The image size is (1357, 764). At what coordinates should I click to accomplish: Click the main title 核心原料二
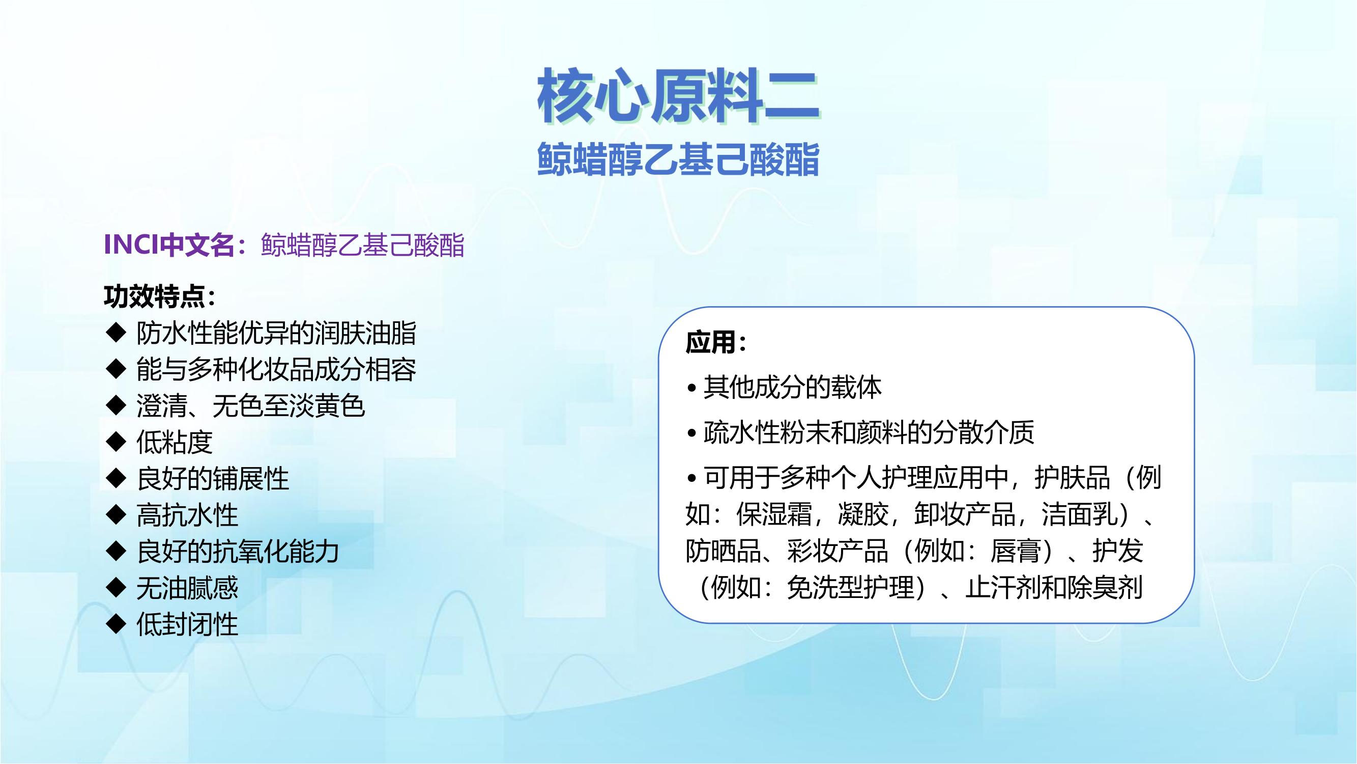point(679,97)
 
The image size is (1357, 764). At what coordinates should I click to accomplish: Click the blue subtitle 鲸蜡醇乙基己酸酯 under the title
point(679,159)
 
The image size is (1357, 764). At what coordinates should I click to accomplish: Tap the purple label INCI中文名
point(169,244)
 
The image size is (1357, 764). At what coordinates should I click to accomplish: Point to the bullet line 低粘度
point(175,442)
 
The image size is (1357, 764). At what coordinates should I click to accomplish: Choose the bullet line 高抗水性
point(187,514)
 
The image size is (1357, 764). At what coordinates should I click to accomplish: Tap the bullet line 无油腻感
point(187,588)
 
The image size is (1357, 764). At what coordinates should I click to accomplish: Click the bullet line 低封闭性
point(187,624)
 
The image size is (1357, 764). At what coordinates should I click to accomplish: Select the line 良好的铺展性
point(213,478)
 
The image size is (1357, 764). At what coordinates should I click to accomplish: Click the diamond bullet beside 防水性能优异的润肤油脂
point(116,333)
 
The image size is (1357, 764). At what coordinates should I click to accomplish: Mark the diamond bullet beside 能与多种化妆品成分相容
point(116,369)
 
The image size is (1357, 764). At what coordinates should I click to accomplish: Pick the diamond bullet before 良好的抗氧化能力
point(116,552)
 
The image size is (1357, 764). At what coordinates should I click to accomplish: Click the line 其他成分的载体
point(792,388)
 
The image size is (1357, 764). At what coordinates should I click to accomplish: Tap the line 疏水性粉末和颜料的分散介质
point(869,433)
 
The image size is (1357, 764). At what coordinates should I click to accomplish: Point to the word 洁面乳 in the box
point(1079,514)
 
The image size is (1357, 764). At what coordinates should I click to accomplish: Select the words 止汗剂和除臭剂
point(1054,588)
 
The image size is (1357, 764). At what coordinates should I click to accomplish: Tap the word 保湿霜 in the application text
point(774,514)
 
